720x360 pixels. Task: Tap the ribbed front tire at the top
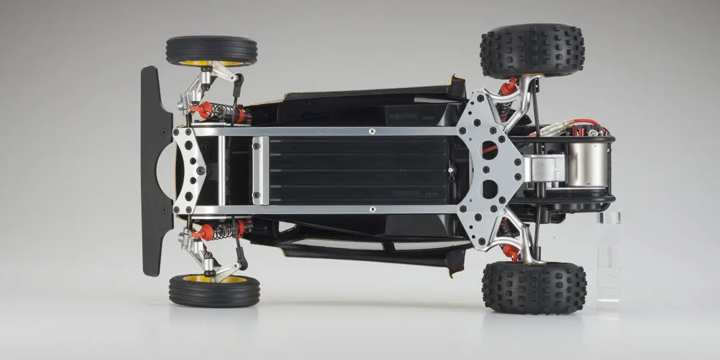(x=211, y=49)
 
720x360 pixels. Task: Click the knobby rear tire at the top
(x=532, y=50)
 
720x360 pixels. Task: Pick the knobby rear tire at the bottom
(x=534, y=287)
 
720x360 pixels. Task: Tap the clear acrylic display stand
(x=608, y=258)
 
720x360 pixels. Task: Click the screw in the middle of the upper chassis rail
(x=372, y=131)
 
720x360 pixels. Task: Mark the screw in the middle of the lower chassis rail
(x=372, y=209)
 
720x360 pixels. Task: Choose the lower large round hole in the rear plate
(x=490, y=189)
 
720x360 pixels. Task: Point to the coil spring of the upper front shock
(x=223, y=110)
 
